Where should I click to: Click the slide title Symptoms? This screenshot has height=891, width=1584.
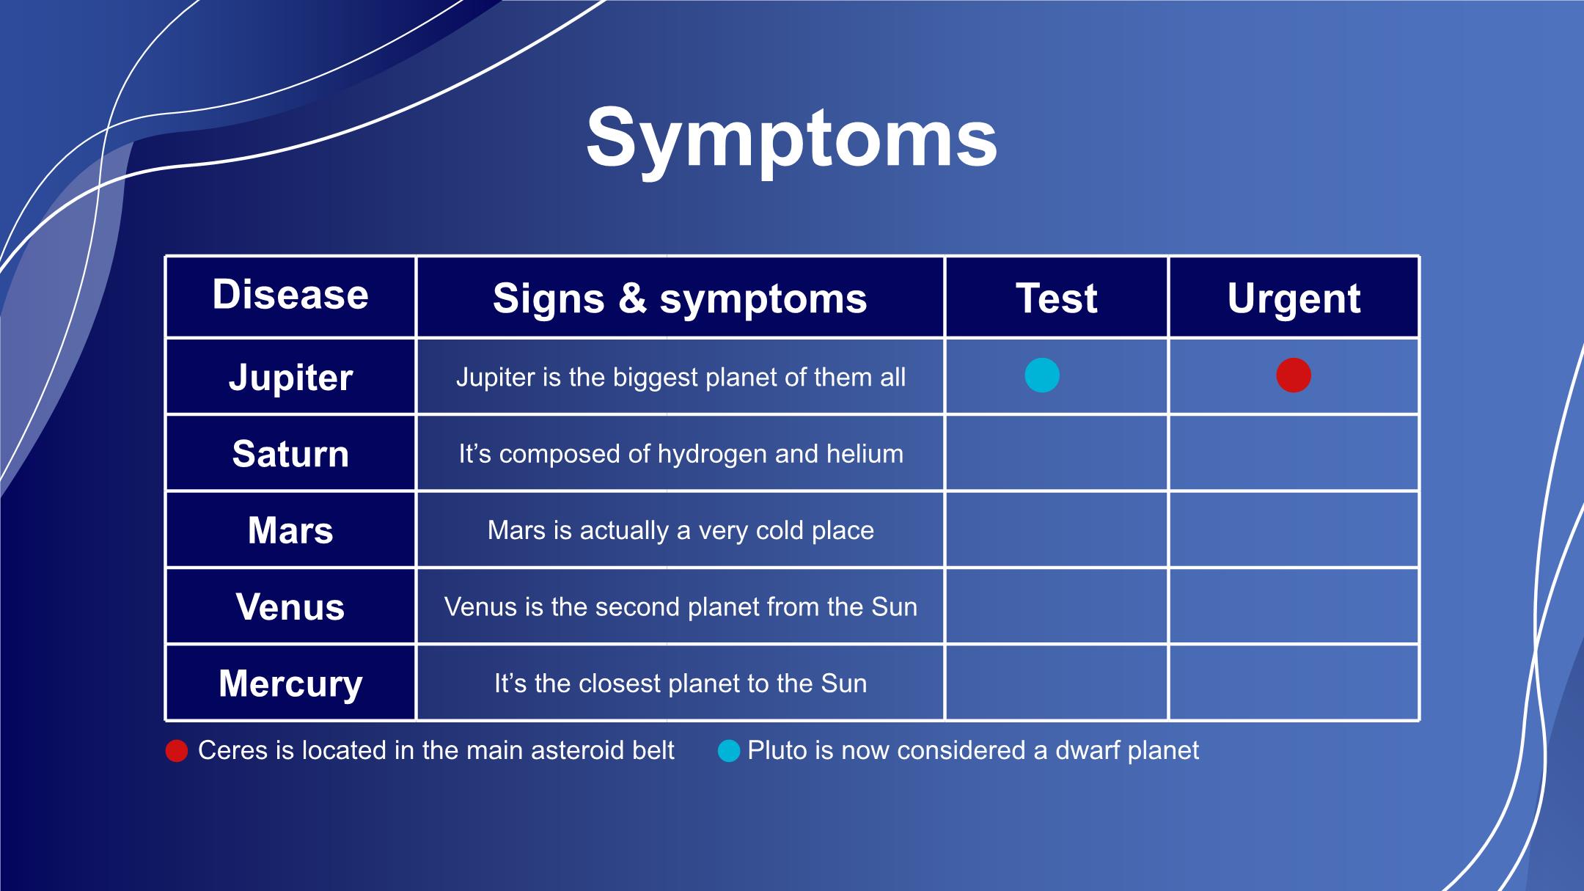[791, 139]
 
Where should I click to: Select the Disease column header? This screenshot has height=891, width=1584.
[290, 295]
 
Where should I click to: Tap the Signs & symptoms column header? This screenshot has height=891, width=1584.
[680, 298]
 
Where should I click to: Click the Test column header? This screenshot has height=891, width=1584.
[1056, 298]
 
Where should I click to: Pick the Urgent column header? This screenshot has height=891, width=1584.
[1294, 298]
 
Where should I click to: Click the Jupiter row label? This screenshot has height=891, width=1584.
[290, 378]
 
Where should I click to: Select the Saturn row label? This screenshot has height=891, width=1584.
[290, 454]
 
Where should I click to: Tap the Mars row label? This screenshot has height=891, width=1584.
[290, 530]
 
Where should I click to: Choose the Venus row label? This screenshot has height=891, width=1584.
[290, 607]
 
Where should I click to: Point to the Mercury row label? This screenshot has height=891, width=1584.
[290, 683]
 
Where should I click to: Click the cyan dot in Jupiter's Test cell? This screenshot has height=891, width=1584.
[1042, 375]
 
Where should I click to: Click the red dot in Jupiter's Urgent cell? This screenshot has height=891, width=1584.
[1294, 375]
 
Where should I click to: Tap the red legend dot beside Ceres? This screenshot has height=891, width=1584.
[177, 751]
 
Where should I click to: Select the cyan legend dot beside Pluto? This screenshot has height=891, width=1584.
[729, 751]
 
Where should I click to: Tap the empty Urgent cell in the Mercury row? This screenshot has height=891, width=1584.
[1294, 683]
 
